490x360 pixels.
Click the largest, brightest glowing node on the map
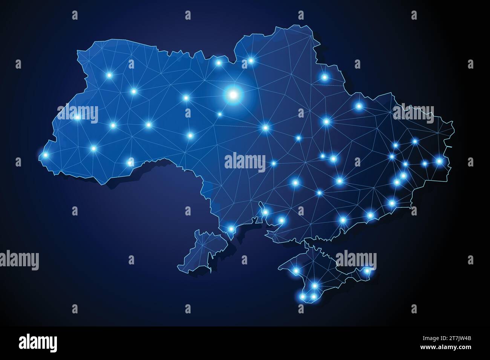(x=233, y=94)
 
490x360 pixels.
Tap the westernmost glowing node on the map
(x=46, y=155)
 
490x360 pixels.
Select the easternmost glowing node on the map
(x=439, y=161)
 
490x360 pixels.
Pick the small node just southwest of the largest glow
(x=220, y=114)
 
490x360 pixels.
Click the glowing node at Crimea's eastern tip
(x=367, y=270)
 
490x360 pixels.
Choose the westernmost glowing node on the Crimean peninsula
(x=296, y=271)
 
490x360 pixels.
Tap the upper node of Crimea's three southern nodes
(x=315, y=286)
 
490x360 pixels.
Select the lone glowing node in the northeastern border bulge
(x=325, y=77)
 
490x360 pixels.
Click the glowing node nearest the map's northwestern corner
(x=110, y=75)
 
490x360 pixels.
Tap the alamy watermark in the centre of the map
(x=245, y=162)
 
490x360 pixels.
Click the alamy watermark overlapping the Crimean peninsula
(x=356, y=259)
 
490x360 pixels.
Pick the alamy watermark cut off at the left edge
(x=19, y=259)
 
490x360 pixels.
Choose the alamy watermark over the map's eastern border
(x=413, y=112)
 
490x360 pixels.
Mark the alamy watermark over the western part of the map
(x=78, y=112)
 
